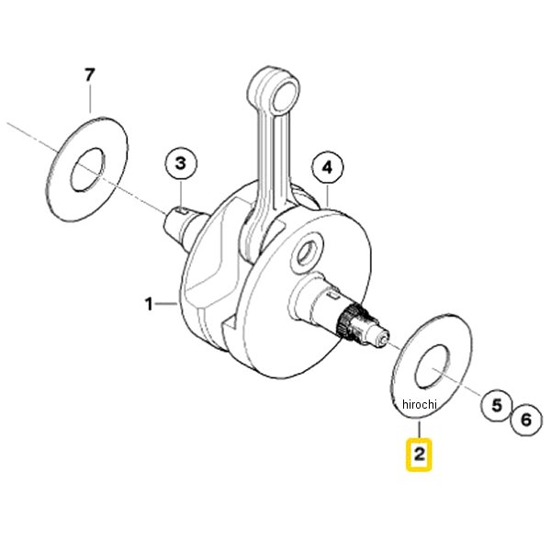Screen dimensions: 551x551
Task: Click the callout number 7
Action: point(90,75)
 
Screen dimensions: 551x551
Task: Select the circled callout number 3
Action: point(181,163)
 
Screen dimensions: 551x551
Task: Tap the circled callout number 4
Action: point(328,168)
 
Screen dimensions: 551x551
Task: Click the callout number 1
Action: point(150,304)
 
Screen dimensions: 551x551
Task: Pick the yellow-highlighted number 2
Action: point(420,454)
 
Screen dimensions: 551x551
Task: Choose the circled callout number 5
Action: point(496,405)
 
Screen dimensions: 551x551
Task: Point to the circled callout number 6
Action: point(526,420)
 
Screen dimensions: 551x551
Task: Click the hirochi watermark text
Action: point(420,404)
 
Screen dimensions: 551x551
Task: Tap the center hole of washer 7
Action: point(88,170)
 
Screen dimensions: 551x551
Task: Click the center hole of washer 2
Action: point(433,366)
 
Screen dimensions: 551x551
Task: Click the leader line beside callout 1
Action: point(166,303)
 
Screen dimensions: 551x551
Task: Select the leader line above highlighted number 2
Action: point(420,430)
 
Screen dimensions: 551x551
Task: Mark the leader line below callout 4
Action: point(328,196)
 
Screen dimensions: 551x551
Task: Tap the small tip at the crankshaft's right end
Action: point(384,338)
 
